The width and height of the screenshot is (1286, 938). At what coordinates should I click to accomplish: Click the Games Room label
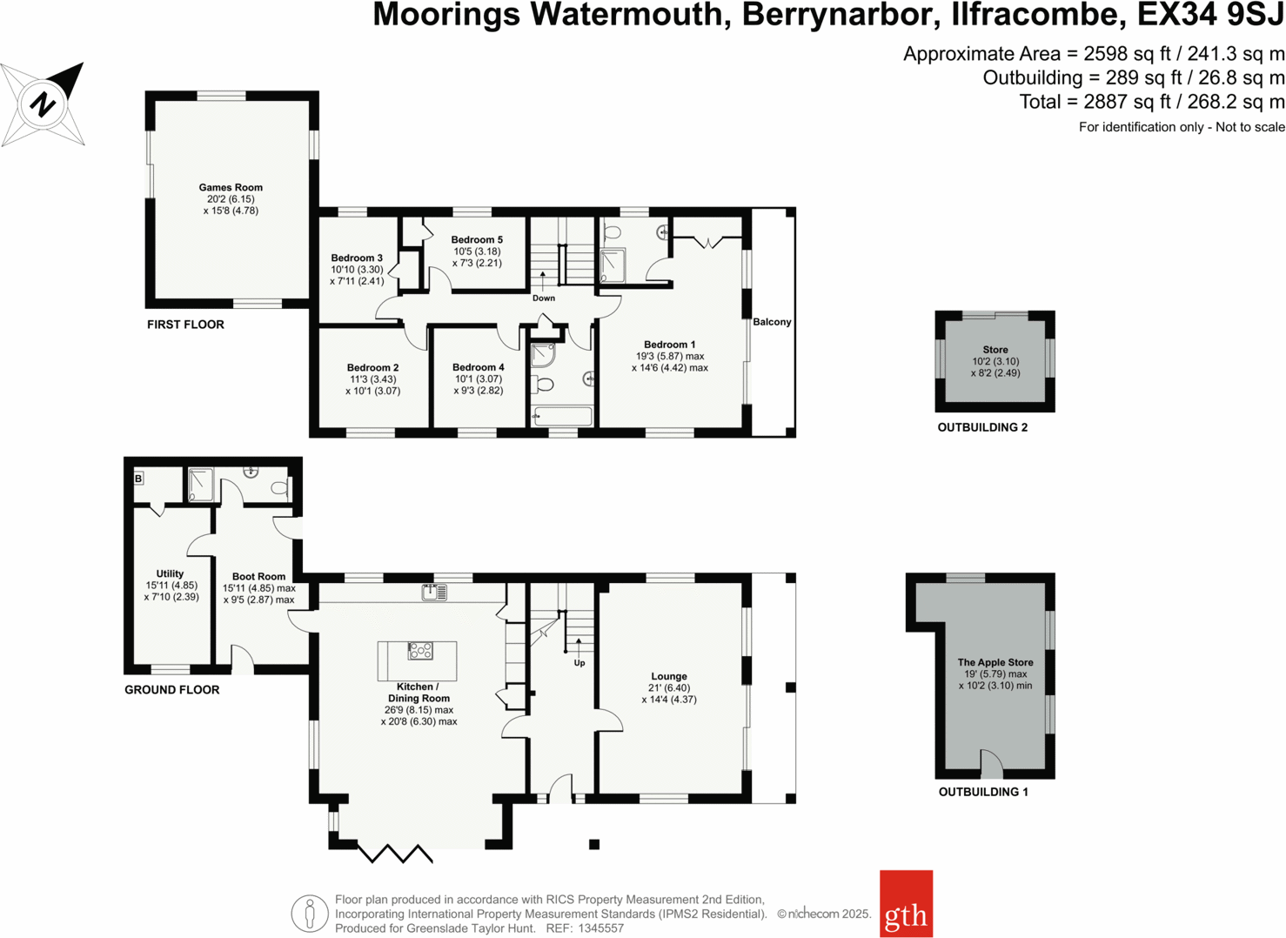(231, 187)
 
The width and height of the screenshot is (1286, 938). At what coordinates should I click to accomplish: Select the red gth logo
(906, 904)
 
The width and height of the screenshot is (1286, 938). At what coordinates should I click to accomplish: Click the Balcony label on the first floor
(772, 322)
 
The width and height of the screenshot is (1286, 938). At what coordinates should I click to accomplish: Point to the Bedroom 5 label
(477, 239)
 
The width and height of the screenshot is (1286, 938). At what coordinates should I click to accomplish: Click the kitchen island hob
(420, 650)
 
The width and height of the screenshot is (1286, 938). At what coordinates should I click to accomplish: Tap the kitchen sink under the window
(434, 593)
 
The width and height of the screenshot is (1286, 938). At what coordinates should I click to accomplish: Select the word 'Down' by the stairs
(544, 298)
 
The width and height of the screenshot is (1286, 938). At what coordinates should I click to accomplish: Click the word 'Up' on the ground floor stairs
(579, 663)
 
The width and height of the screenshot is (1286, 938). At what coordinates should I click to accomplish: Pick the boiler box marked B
(138, 479)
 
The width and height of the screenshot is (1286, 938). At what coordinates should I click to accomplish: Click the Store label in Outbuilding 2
(995, 350)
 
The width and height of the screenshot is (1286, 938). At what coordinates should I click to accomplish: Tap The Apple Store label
(995, 662)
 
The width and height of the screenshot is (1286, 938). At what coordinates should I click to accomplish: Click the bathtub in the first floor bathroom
(563, 416)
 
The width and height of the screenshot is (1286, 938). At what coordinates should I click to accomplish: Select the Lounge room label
(669, 676)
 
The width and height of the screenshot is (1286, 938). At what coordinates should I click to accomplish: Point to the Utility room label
(170, 573)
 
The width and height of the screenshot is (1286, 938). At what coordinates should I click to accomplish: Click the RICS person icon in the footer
(309, 914)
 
